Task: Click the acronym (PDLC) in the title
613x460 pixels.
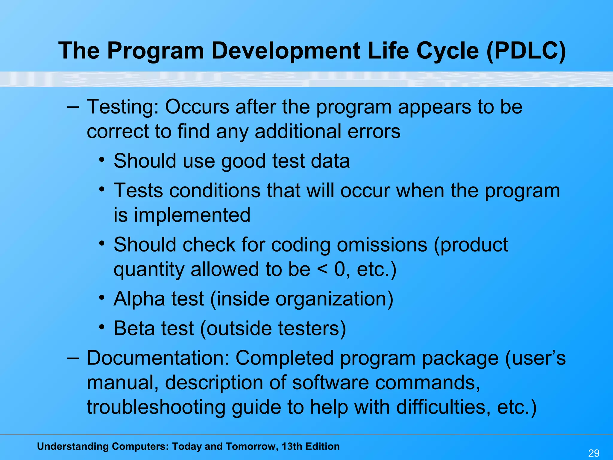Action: (526, 51)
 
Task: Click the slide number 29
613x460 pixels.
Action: (594, 453)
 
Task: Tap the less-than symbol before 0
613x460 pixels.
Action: (322, 270)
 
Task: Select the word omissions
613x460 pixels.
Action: (382, 245)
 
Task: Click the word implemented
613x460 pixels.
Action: (192, 215)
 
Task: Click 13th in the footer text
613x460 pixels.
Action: (292, 447)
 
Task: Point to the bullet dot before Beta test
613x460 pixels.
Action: (102, 327)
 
